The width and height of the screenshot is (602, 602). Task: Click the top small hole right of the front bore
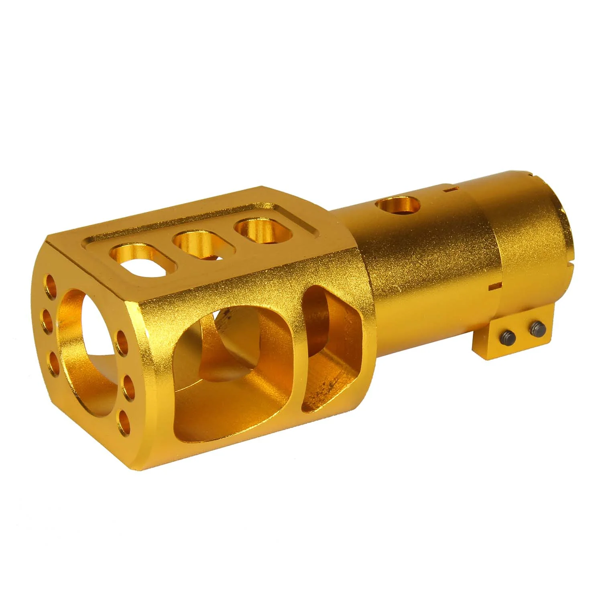click(x=121, y=340)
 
